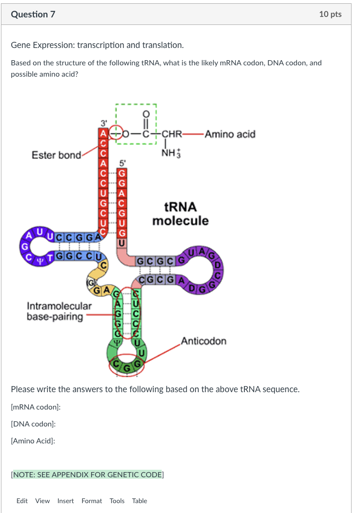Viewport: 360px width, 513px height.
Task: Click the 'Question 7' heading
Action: pyautogui.click(x=33, y=15)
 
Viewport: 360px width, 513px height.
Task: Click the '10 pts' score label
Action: pyautogui.click(x=330, y=15)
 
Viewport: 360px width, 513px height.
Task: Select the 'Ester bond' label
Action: pyautogui.click(x=56, y=155)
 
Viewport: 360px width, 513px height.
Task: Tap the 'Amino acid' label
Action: pyautogui.click(x=230, y=134)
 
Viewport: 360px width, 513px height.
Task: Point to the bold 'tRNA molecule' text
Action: pyautogui.click(x=180, y=214)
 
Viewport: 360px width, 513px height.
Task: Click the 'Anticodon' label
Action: pyautogui.click(x=203, y=341)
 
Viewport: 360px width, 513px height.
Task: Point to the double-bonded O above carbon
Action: pyautogui.click(x=146, y=113)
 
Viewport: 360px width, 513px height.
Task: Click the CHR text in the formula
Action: pyautogui.click(x=172, y=134)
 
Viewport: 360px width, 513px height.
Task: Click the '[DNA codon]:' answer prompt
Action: pyautogui.click(x=33, y=424)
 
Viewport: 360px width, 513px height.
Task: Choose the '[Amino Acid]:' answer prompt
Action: pyautogui.click(x=33, y=441)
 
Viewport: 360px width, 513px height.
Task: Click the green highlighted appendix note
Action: pyautogui.click(x=86, y=474)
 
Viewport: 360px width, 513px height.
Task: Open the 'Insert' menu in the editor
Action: pyautogui.click(x=65, y=501)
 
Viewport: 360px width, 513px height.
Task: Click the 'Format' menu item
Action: pyautogui.click(x=92, y=501)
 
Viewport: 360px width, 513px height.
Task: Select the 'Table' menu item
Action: pyautogui.click(x=140, y=501)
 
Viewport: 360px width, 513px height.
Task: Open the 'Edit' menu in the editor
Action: pyautogui.click(x=22, y=501)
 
